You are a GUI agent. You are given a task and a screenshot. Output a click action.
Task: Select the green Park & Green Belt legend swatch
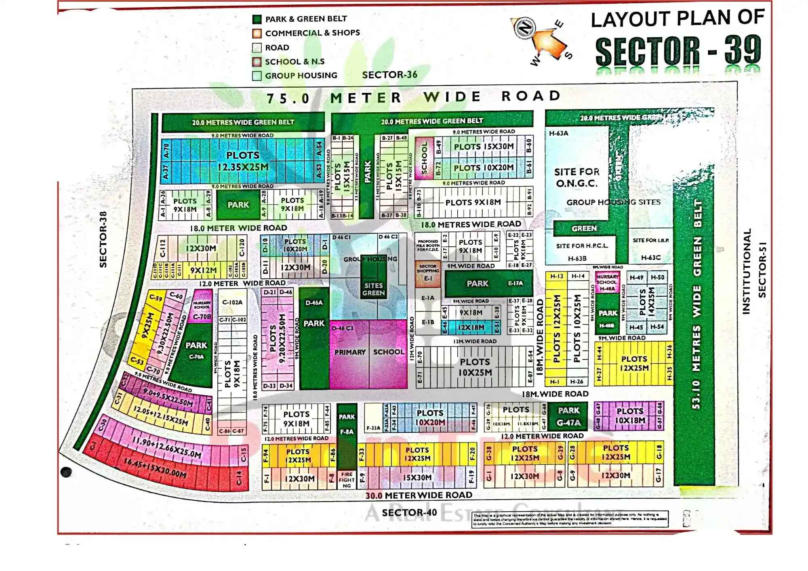(257, 19)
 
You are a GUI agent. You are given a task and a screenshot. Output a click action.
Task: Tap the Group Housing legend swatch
(257, 76)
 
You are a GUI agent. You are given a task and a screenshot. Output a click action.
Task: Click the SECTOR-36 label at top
(389, 75)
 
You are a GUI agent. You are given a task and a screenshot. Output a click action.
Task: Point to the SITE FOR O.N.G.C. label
(576, 178)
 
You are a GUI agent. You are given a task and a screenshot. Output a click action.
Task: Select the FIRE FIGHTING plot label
(347, 480)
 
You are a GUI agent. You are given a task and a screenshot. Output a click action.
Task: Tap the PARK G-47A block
(569, 416)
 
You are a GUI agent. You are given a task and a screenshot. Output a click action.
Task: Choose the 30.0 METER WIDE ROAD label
(419, 495)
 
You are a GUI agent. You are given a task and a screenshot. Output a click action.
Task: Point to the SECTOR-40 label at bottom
(409, 512)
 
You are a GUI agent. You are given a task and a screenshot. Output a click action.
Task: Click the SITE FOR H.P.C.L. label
(582, 246)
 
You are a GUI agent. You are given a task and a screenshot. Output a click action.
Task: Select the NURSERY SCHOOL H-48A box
(607, 282)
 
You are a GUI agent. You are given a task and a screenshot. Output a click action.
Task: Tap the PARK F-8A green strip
(347, 432)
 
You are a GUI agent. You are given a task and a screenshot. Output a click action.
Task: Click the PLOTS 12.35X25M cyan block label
(242, 161)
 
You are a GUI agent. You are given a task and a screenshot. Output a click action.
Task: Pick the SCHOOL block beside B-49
(424, 158)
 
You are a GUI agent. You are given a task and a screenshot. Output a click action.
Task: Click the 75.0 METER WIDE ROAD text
(413, 97)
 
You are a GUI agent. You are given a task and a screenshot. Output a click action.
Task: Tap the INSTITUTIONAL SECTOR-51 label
(754, 271)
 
